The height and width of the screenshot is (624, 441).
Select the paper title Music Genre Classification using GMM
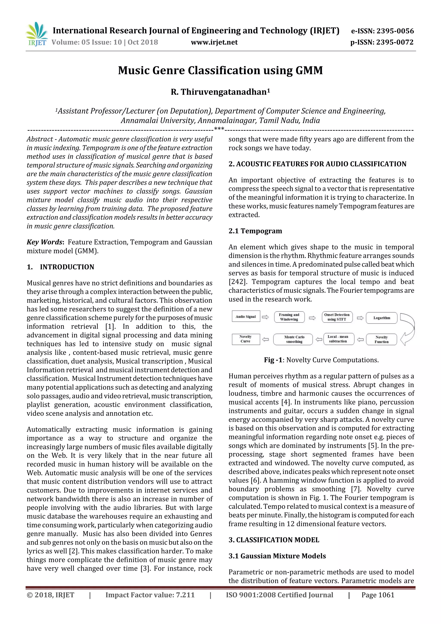pos(220,70)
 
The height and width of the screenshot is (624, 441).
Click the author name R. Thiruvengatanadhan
pos(220,92)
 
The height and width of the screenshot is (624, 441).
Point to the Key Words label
pos(45,242)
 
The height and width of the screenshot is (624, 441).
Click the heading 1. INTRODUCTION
pos(60,267)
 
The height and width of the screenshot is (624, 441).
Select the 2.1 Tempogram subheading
pos(255,231)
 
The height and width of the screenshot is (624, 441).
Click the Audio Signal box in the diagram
pos(246,316)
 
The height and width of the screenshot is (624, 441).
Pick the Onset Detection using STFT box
pos(337,317)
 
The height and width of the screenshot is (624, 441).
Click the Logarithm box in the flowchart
pos(382,318)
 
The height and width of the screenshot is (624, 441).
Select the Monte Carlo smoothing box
pos(294,339)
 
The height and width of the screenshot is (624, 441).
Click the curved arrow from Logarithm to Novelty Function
pos(408,329)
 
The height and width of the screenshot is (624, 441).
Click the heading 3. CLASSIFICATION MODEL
pos(274,540)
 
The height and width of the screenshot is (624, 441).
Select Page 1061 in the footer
pos(377,595)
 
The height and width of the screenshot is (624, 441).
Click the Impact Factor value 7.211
pos(150,595)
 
